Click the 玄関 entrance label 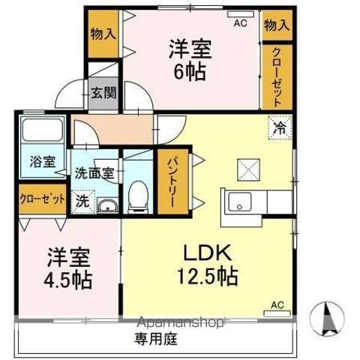pos(103,94)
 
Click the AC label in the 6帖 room pos(239,24)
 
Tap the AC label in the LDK pos(277,304)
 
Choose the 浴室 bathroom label pos(42,161)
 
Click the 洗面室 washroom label pos(94,172)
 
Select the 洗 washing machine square pos(82,202)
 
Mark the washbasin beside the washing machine pos(108,205)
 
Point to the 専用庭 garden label pos(155,339)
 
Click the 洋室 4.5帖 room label pos(67,268)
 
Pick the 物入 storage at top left pos(103,33)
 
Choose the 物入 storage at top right pos(276,25)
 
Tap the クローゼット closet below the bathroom pos(41,201)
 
